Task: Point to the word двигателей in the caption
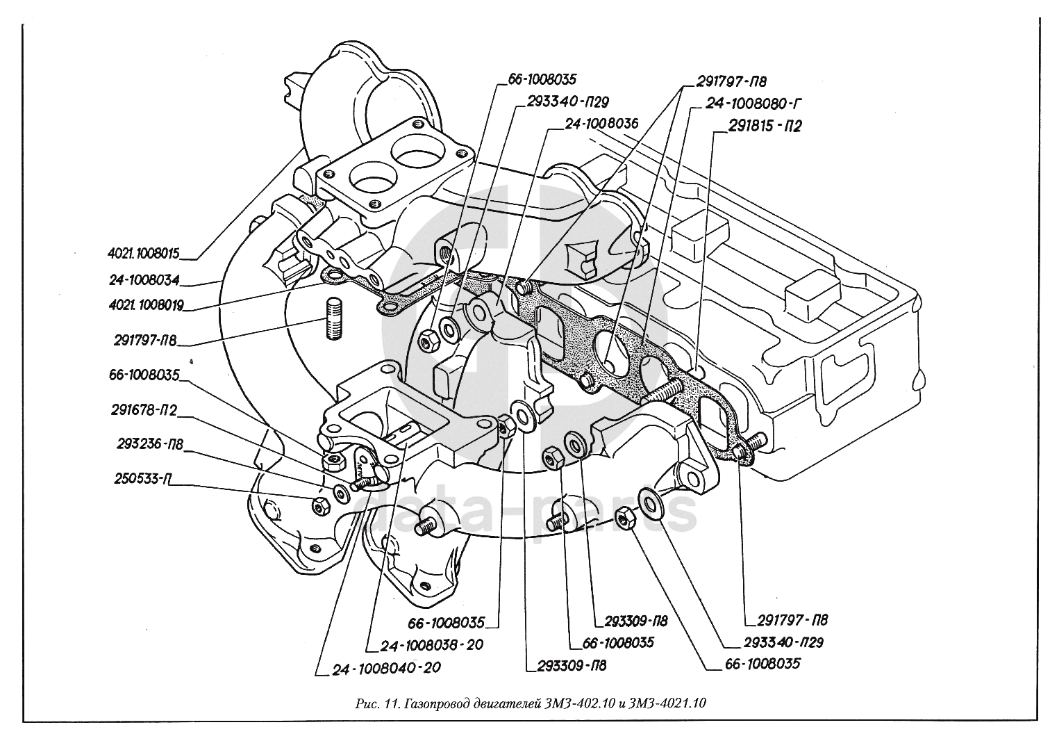point(517,703)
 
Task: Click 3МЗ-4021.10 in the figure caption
point(667,703)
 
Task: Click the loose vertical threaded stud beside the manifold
point(332,319)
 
